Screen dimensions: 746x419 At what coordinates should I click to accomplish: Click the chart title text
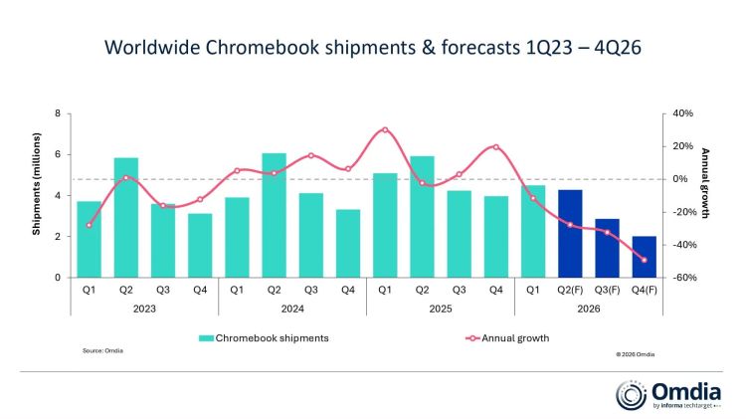pyautogui.click(x=373, y=47)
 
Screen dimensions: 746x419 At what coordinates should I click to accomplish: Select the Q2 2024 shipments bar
pyautogui.click(x=275, y=215)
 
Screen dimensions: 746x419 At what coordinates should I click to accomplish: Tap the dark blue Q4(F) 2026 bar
pyautogui.click(x=645, y=257)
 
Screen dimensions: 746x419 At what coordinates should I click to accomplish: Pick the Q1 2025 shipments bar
pyautogui.click(x=385, y=225)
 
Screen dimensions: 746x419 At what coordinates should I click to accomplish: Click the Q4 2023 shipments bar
pyautogui.click(x=200, y=246)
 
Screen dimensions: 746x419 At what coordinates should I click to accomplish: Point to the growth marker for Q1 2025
pyautogui.click(x=385, y=129)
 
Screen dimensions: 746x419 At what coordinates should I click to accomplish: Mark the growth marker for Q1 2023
pyautogui.click(x=89, y=225)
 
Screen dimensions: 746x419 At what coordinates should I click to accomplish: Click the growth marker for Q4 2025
pyautogui.click(x=496, y=147)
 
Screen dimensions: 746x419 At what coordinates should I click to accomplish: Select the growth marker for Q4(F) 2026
pyautogui.click(x=645, y=260)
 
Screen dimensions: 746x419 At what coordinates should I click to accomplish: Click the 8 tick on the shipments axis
pyautogui.click(x=58, y=113)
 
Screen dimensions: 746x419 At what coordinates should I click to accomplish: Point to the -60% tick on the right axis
pyautogui.click(x=683, y=278)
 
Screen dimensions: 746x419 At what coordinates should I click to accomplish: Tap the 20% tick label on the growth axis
pyautogui.click(x=682, y=146)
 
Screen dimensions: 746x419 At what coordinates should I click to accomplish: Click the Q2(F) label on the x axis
pyautogui.click(x=570, y=290)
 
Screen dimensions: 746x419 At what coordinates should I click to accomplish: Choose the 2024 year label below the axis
pyautogui.click(x=292, y=309)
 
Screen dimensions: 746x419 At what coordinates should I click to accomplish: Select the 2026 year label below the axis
pyautogui.click(x=589, y=309)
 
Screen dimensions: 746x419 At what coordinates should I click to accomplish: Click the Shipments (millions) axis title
pyautogui.click(x=36, y=184)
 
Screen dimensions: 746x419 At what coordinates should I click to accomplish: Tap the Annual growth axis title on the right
pyautogui.click(x=705, y=183)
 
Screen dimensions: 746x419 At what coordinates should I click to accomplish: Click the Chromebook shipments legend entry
pyautogui.click(x=264, y=338)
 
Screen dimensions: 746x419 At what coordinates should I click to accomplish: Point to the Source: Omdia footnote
pyautogui.click(x=102, y=351)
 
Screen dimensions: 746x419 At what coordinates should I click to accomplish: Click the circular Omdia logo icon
pyautogui.click(x=631, y=395)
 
